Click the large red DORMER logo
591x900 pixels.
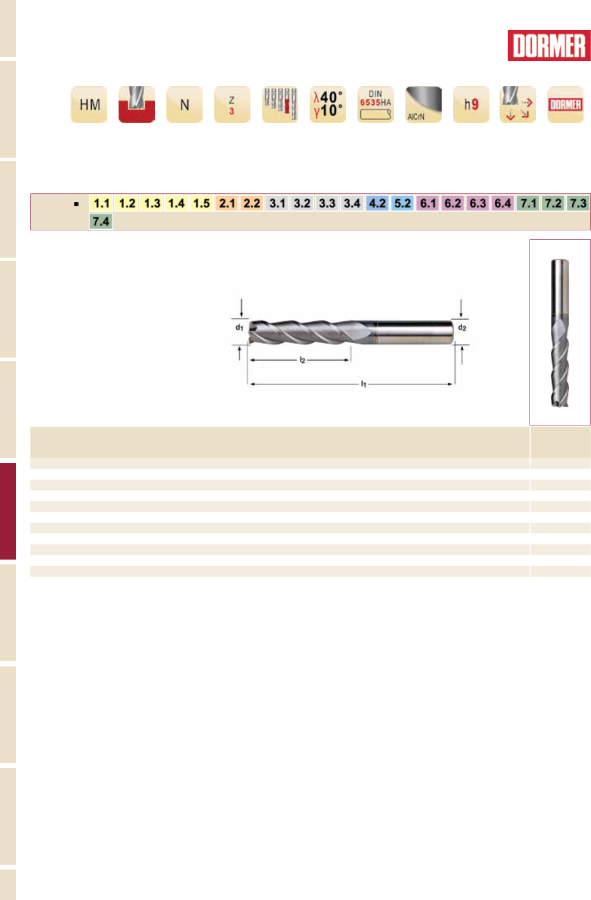(549, 45)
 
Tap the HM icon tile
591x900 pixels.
(89, 104)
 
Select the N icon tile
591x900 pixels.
(184, 104)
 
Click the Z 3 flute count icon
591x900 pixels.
(232, 104)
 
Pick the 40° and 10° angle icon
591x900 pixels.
(328, 104)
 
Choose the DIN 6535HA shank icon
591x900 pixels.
(376, 104)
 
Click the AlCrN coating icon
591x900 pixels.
(423, 104)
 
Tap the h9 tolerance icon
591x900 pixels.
(471, 104)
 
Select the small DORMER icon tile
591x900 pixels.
(565, 104)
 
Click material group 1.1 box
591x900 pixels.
(102, 203)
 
